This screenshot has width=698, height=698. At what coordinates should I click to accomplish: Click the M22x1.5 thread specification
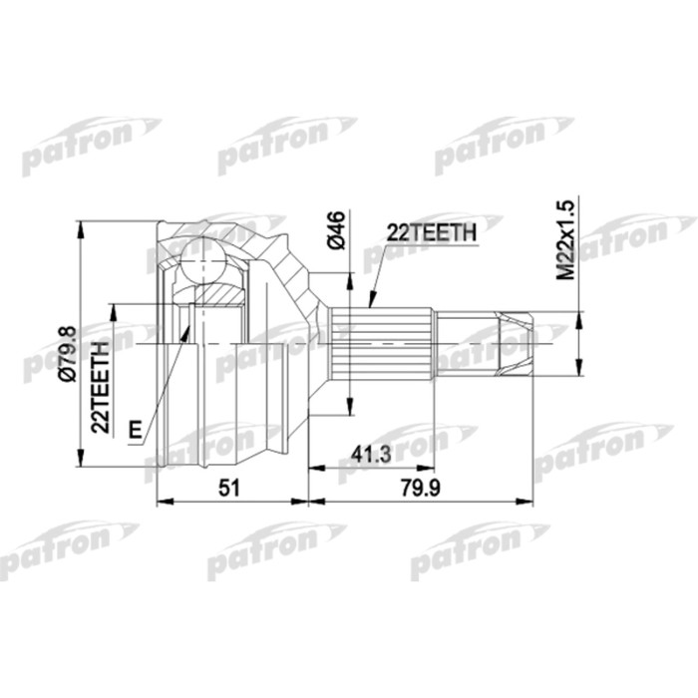click(565, 238)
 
